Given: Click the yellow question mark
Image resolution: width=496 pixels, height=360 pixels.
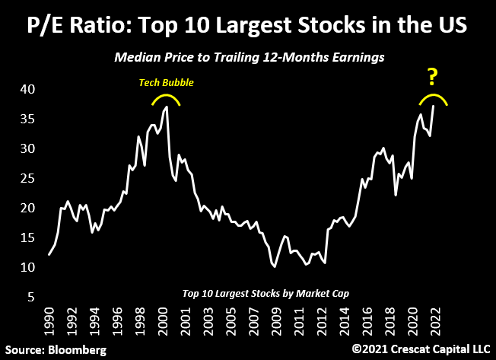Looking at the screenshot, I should pyautogui.click(x=432, y=76).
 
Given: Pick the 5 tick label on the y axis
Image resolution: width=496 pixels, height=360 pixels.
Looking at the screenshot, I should pyautogui.click(x=30, y=297).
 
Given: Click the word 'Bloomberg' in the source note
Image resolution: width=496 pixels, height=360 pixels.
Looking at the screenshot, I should pyautogui.click(x=76, y=349).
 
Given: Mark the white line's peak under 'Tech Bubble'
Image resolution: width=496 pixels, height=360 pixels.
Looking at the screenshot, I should pyautogui.click(x=167, y=107).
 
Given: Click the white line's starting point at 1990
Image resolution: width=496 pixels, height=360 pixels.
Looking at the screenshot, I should pyautogui.click(x=49, y=254).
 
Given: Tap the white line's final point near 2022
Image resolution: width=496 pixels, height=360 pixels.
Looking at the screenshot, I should pyautogui.click(x=434, y=106).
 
